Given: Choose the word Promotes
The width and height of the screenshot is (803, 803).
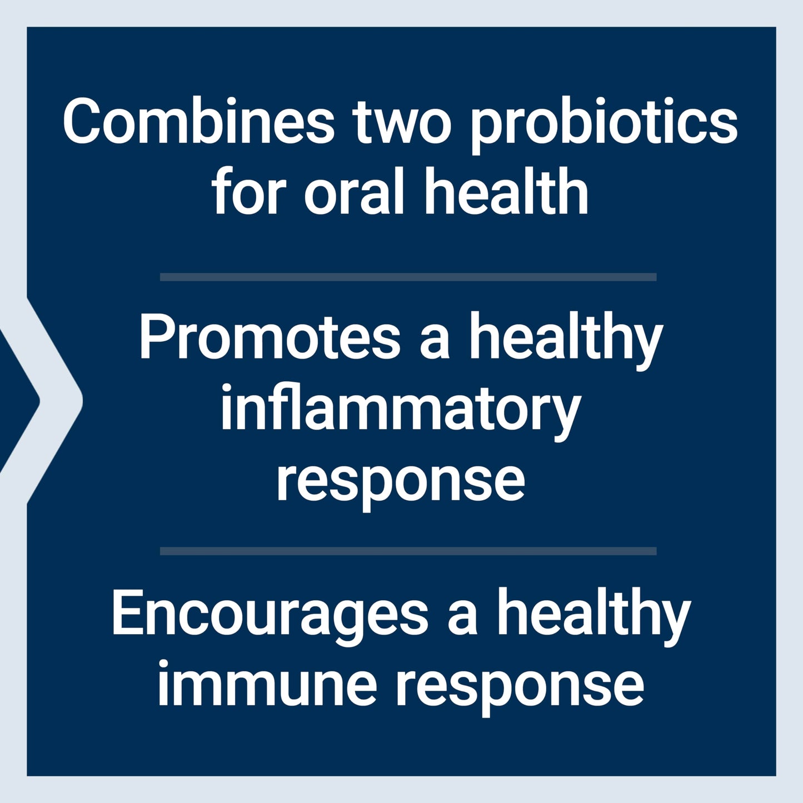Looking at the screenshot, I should click(x=269, y=337).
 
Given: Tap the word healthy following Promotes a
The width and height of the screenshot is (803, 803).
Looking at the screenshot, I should click(x=566, y=339).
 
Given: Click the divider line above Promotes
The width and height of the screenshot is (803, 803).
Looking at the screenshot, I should click(x=408, y=277).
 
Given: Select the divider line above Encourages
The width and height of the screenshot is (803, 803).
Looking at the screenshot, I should click(x=408, y=551).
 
